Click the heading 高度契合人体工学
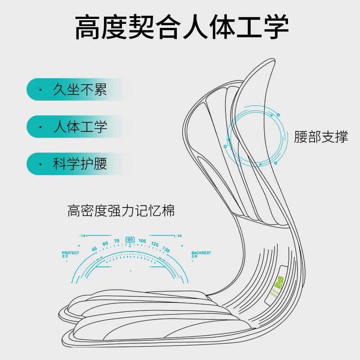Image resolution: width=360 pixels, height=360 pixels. point(181,28)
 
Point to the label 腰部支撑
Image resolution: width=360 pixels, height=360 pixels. point(321,137)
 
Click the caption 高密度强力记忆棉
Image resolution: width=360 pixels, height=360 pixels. point(121,211)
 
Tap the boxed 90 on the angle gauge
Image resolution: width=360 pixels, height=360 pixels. point(130,239)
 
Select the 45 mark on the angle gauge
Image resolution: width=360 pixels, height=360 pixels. point(94,249)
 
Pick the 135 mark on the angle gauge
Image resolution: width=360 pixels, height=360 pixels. point(166,249)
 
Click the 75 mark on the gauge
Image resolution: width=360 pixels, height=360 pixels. point(117,241)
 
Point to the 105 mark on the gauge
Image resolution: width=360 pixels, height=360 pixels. point(143,241)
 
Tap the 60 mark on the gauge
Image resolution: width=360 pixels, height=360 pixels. point(105,244)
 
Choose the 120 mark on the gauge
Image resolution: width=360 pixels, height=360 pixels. point(155,244)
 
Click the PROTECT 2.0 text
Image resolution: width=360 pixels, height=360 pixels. point(70,254)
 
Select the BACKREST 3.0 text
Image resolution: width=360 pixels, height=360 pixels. point(201,254)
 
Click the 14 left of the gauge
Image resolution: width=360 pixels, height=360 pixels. point(83,236)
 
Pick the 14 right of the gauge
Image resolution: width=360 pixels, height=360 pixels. point(179,236)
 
